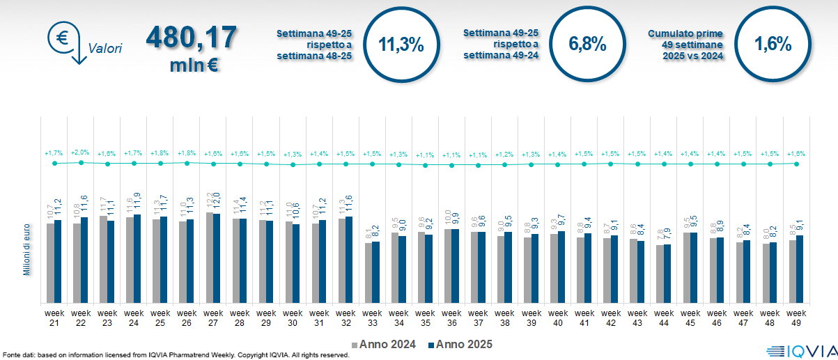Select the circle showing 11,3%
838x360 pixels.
401,44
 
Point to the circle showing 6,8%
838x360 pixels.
587,44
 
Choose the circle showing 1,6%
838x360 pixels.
773,44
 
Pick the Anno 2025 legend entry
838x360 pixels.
460,344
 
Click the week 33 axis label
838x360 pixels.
372,318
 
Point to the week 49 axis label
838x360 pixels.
796,318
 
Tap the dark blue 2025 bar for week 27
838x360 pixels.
217,258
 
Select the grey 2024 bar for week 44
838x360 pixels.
659,274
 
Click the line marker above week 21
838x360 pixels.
54,164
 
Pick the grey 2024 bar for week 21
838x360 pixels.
50,263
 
